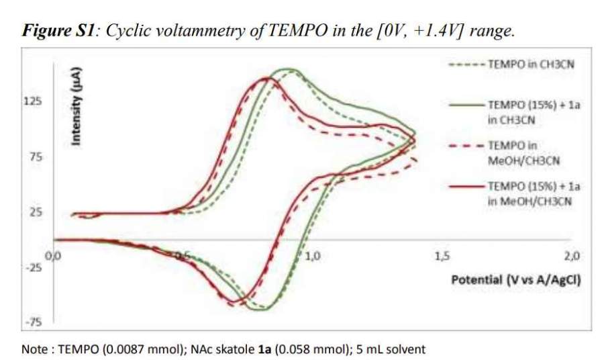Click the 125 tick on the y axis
click(33, 101)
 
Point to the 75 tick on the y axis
click(33, 157)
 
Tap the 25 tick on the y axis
click(33, 213)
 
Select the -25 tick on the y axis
click(33, 268)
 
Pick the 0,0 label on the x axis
click(52, 255)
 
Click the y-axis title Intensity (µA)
click(77, 105)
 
